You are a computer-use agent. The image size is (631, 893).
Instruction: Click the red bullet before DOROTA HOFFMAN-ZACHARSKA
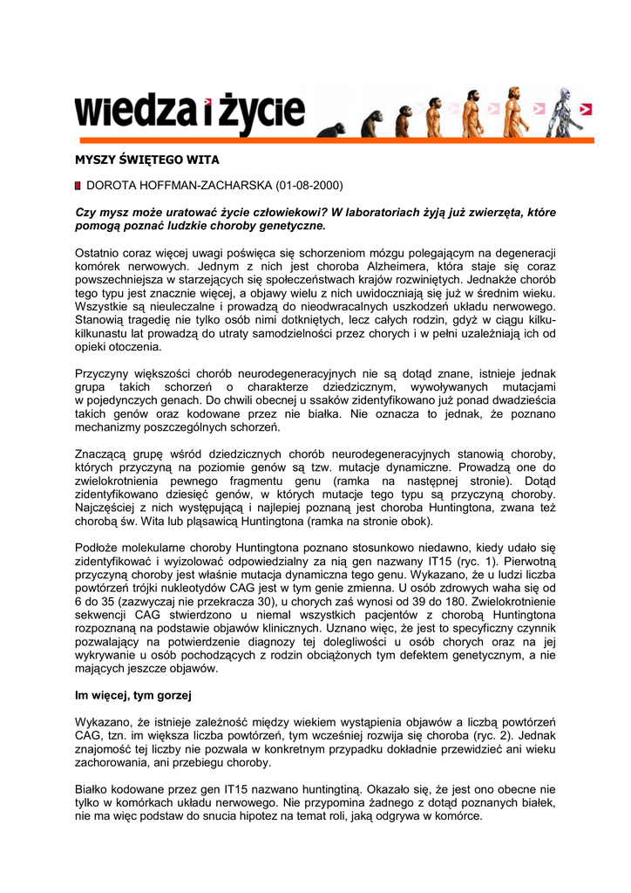[x=78, y=186]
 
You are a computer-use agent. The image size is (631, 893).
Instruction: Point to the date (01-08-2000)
[x=309, y=186]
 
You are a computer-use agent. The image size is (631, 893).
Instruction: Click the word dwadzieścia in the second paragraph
[x=519, y=400]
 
